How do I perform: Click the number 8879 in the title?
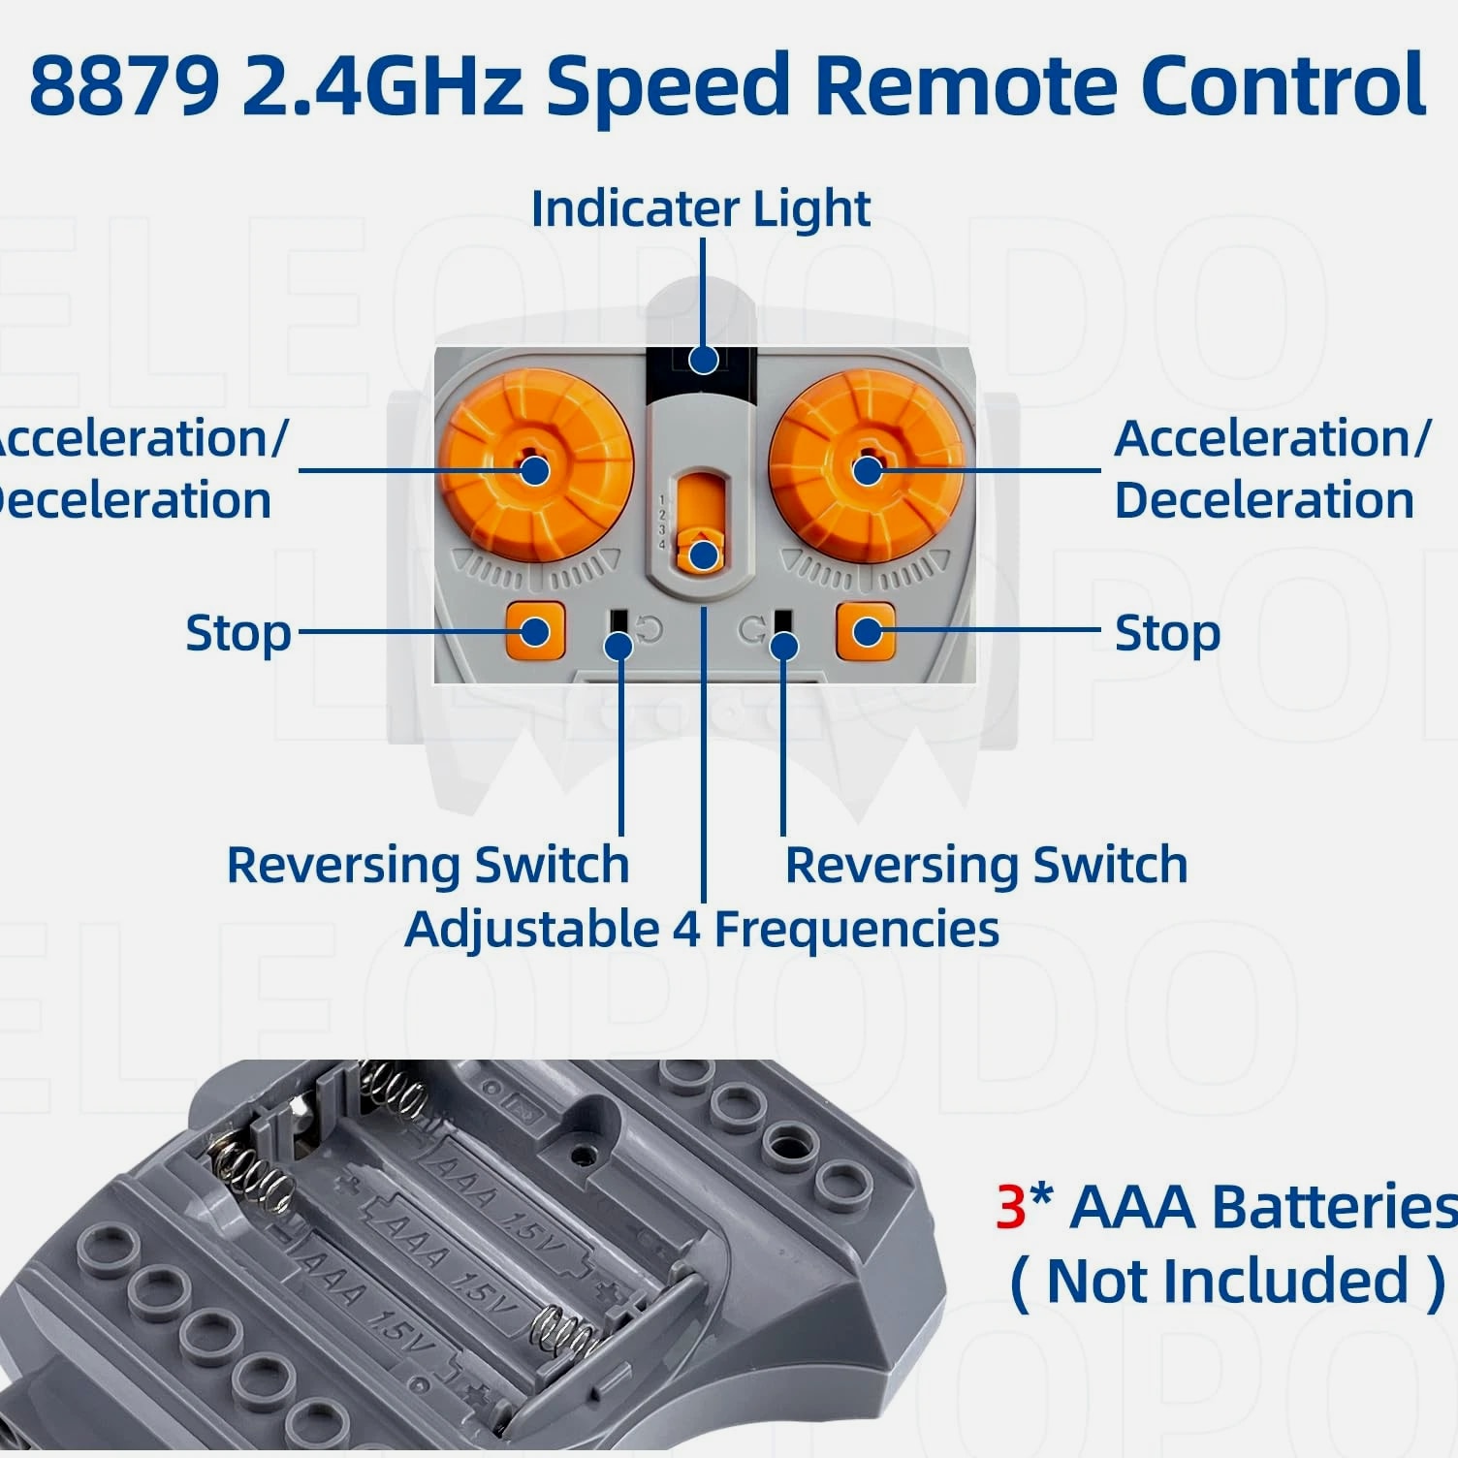coord(124,85)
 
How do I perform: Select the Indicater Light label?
coord(700,209)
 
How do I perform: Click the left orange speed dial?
coord(535,471)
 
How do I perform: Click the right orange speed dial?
coord(867,471)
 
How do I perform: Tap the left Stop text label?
coord(238,634)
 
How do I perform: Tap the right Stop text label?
coord(1166,634)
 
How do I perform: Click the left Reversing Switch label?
coord(428,865)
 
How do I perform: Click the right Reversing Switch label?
coord(986,865)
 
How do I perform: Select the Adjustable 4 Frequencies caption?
coord(702,929)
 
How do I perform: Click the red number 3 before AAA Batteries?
coord(1010,1207)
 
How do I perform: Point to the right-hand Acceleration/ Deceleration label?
coord(1271,469)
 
